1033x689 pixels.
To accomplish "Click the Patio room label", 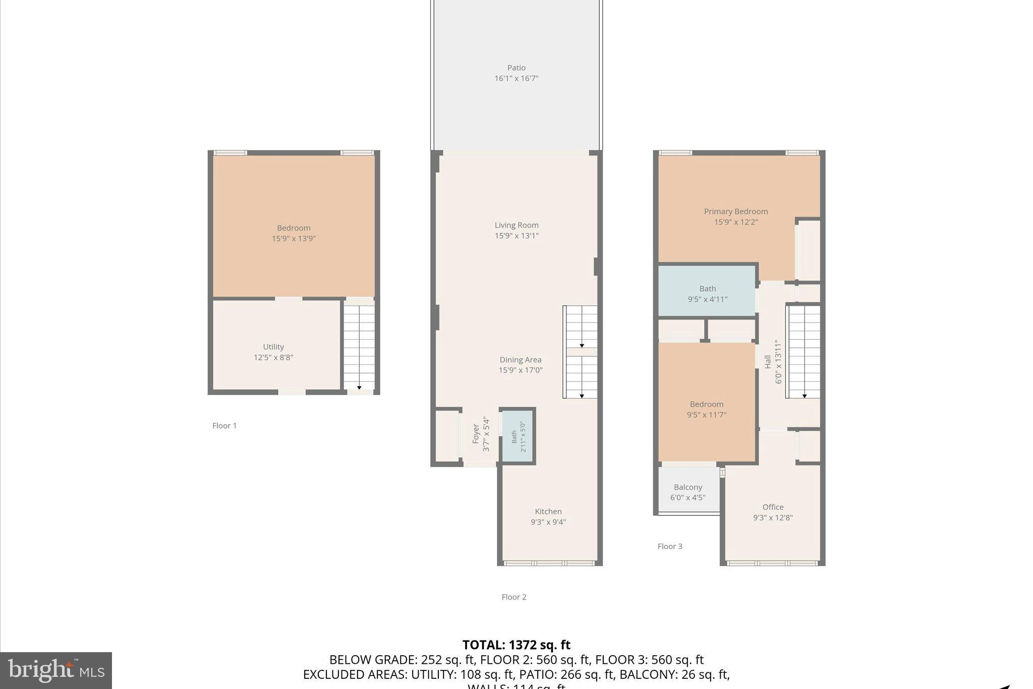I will tap(516, 68).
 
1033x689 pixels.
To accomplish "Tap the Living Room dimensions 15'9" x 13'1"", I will tap(516, 236).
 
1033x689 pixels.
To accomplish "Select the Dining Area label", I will tap(520, 359).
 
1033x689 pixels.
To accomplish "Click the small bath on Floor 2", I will tap(518, 437).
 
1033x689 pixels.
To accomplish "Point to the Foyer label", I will tap(476, 434).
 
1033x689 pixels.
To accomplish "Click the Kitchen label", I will tap(548, 511).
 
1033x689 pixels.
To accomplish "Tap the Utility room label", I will tap(273, 347).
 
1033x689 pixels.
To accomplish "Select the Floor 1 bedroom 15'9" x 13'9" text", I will tap(294, 239).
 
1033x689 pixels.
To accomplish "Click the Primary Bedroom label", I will tap(736, 211).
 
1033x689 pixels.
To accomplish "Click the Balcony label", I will tap(687, 487).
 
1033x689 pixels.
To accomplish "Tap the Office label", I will tap(773, 507).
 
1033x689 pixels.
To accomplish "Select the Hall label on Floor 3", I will tap(768, 361).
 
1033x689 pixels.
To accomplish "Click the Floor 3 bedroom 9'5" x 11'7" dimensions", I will tap(706, 415).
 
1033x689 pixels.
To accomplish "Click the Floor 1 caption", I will tap(224, 426).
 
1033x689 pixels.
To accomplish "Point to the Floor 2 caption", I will tap(513, 597).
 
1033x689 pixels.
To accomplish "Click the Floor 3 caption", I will tap(670, 546).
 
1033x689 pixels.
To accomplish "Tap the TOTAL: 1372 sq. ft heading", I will tap(516, 645).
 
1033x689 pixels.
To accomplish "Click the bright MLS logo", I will tap(56, 670).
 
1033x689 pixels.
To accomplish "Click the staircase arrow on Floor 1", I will tap(359, 387).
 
